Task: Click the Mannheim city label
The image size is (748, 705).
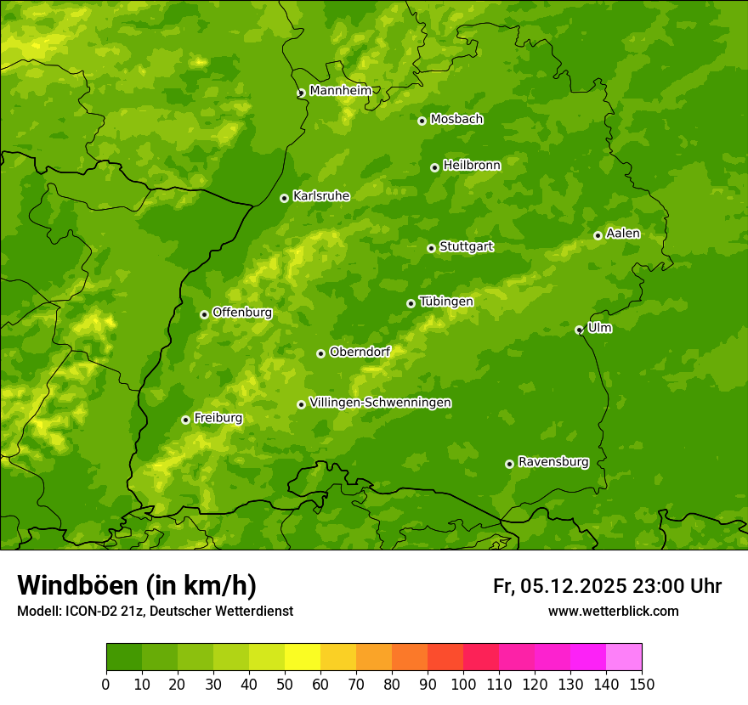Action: point(340,90)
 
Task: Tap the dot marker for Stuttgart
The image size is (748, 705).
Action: point(431,248)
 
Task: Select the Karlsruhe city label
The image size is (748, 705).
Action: point(320,195)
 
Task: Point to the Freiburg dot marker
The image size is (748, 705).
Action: point(185,420)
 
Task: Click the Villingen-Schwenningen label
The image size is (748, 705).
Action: point(380,403)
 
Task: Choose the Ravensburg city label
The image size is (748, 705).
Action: point(552,462)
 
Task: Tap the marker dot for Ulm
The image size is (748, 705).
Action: point(579,330)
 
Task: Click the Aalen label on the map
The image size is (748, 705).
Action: point(622,233)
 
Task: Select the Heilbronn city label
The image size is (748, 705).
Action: point(471,165)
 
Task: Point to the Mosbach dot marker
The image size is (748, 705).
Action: point(422,121)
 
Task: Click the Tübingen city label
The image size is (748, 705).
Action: point(445,301)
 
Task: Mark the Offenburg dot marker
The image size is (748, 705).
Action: point(204,314)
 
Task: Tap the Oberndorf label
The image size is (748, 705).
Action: point(360,352)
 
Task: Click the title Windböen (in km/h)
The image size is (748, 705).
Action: point(136,585)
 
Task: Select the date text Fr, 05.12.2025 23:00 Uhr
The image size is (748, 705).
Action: point(607,586)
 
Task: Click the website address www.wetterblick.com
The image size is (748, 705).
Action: point(613,611)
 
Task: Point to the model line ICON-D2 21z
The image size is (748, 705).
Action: point(155,611)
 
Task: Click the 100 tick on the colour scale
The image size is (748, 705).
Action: point(463,684)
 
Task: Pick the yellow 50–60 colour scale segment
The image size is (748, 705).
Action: point(303,657)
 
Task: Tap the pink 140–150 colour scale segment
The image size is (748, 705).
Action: point(624,657)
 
